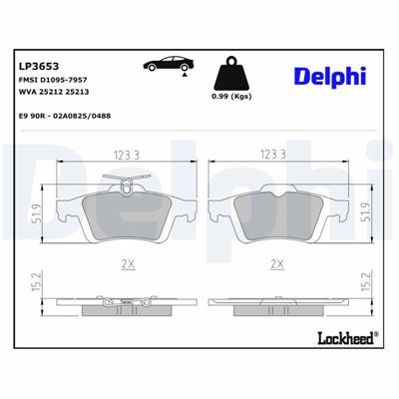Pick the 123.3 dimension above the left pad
[x=121, y=155]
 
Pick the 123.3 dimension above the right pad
[x=273, y=155]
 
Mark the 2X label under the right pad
[x=277, y=263]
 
